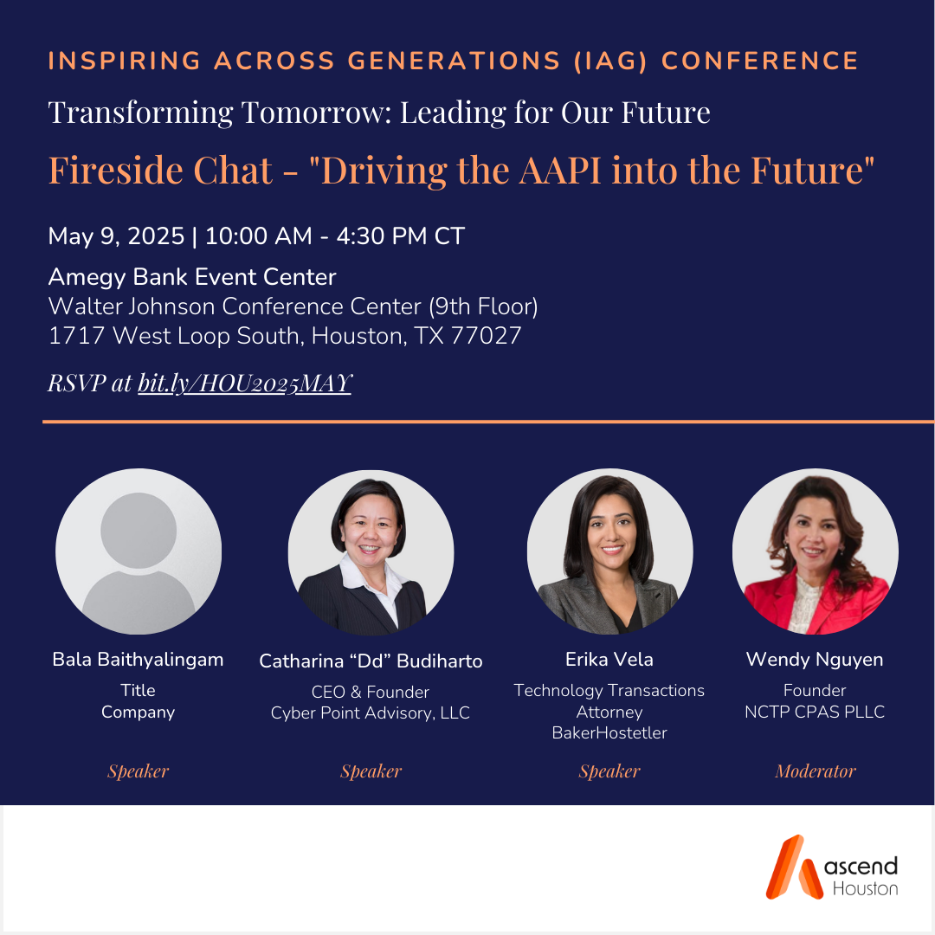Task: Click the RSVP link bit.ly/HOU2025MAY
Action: coord(245,384)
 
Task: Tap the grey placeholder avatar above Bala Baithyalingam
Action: coord(139,551)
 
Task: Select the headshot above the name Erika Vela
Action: coord(609,551)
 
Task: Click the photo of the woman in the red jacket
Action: coord(815,551)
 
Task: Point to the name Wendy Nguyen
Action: coord(815,660)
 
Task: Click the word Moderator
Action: coord(815,771)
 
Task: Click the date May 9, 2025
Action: coord(116,235)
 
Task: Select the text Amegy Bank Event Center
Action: coord(192,277)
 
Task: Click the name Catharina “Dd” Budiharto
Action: coord(371,661)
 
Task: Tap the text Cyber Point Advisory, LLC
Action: coord(371,713)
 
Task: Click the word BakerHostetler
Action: coord(609,733)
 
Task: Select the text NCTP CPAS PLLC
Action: coord(815,713)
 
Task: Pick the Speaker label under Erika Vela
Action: coord(609,771)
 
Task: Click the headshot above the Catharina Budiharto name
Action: coord(371,551)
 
